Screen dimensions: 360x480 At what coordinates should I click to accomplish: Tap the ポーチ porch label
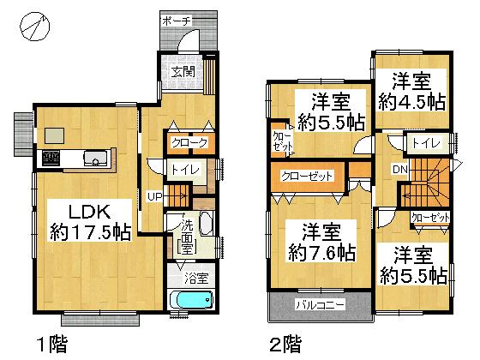(177, 19)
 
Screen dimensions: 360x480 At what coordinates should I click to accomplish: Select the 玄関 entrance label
(181, 71)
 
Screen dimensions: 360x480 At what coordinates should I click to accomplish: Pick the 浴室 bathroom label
(196, 278)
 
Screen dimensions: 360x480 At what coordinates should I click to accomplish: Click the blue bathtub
(191, 302)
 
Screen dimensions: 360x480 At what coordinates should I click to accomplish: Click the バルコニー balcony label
(321, 304)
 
